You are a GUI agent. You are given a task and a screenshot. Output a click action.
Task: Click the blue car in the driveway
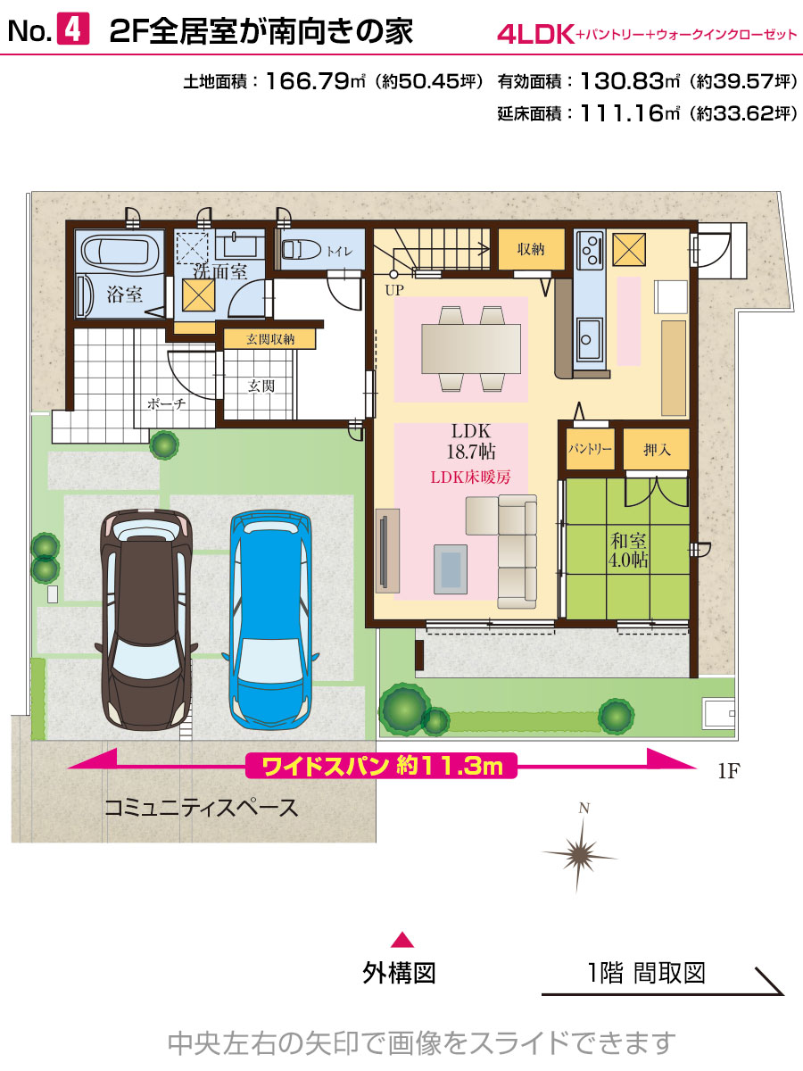tap(270, 619)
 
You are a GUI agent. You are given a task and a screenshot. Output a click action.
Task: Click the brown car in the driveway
tap(146, 619)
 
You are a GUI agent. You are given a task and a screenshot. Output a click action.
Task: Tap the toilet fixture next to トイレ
tap(301, 250)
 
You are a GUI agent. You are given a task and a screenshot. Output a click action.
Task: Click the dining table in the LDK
tap(471, 349)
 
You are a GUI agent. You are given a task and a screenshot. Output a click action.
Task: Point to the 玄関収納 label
tap(270, 339)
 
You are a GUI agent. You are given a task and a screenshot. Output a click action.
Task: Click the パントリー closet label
tap(590, 448)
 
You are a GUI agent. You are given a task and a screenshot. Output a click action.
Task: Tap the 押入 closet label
tap(657, 450)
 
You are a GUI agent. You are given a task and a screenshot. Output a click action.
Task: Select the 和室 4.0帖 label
tap(628, 550)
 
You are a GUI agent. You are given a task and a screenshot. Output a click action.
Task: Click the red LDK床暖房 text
tap(470, 477)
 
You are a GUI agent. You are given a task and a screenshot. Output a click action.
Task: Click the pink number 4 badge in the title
tap(73, 29)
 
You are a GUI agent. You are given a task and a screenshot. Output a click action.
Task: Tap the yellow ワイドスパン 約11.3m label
tap(382, 766)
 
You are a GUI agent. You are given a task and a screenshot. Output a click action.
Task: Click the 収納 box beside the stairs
tap(531, 249)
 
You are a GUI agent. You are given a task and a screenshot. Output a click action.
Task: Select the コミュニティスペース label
tap(201, 808)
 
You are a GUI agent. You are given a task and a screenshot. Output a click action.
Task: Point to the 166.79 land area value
tap(308, 81)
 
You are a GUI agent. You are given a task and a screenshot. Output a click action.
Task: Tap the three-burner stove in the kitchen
tap(590, 250)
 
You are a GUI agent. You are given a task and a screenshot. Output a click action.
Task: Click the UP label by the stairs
tap(394, 290)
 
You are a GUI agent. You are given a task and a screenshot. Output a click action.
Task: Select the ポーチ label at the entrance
tap(166, 404)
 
